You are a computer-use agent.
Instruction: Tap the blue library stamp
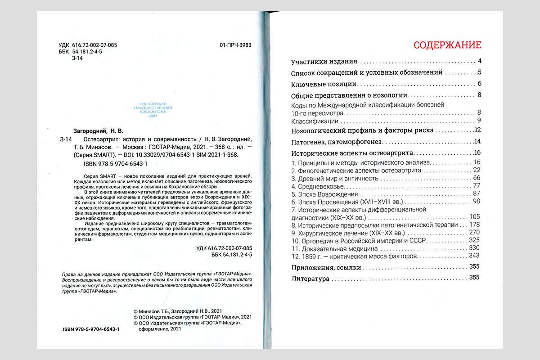155,109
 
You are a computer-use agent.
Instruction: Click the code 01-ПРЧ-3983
235,45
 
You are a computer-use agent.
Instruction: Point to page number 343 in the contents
474,256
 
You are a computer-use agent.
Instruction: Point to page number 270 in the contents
474,232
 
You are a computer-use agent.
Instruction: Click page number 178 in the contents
474,225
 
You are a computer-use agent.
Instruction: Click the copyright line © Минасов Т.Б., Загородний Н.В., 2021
178,311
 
